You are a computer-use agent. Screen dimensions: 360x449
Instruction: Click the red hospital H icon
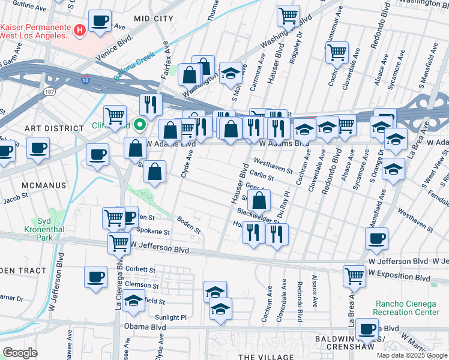click(79, 29)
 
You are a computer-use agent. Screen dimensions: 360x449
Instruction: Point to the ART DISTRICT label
click(54, 128)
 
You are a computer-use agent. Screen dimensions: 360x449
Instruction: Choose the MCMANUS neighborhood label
click(45, 185)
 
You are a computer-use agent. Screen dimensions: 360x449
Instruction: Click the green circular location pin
click(140, 125)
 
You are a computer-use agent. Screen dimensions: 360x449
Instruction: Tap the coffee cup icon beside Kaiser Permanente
click(100, 21)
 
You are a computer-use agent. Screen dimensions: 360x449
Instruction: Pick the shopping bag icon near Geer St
click(259, 201)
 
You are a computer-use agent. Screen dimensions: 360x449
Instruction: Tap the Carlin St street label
click(262, 177)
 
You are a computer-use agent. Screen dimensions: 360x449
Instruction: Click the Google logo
click(20, 353)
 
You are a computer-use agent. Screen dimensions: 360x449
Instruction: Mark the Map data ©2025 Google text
click(412, 355)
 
